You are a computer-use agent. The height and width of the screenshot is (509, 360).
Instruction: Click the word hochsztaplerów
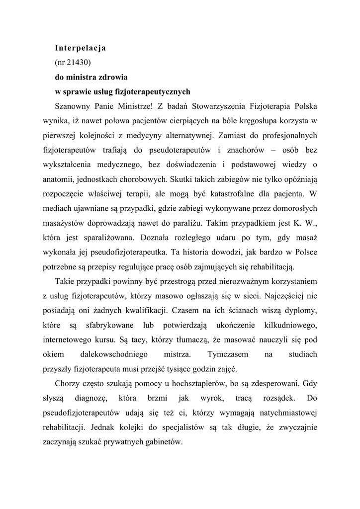(x=195, y=384)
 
